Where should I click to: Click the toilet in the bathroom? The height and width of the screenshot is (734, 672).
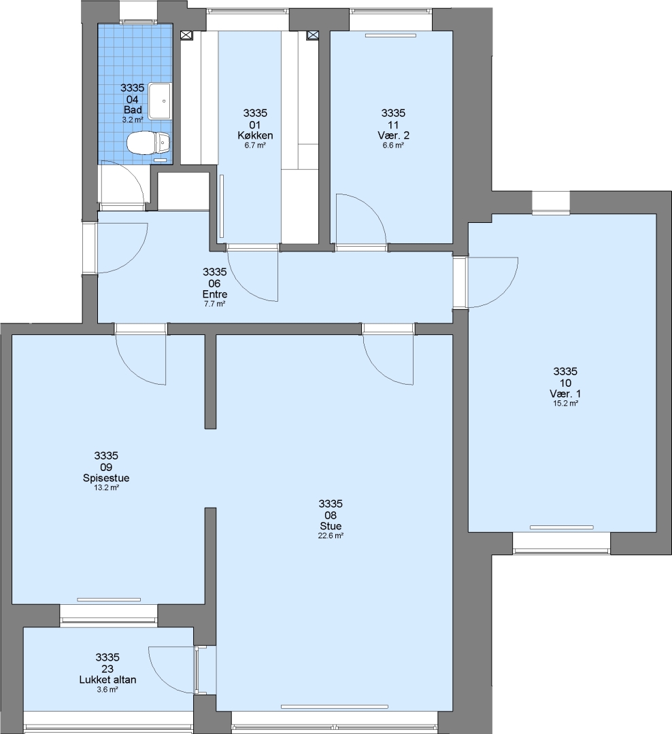148,143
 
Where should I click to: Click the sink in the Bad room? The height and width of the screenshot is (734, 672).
160,101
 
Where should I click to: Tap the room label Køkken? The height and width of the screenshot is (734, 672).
255,136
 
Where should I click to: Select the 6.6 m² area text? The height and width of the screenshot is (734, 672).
393,145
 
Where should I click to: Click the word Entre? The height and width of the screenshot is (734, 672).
215,294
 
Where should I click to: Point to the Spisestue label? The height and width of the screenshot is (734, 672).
106,478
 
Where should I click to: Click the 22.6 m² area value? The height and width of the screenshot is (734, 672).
331,536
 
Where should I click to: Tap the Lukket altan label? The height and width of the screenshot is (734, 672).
107,680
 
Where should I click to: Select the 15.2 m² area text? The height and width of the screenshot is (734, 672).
565,404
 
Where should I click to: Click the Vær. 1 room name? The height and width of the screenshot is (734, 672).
565,394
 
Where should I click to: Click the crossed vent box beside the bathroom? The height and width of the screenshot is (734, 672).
186,35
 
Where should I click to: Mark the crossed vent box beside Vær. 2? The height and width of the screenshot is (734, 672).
313,35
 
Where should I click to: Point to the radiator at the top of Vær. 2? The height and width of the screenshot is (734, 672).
391,35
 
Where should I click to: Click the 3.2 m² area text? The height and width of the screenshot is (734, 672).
133,120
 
